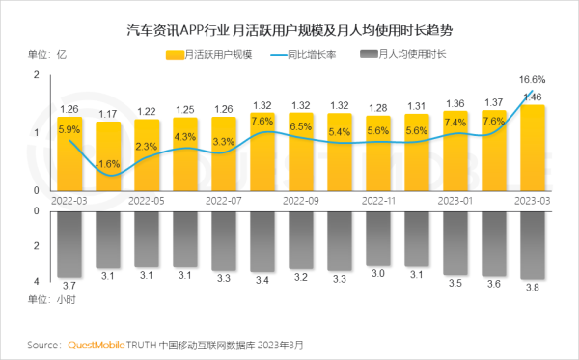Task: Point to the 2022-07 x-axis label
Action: tap(224, 200)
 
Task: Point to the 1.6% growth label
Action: tap(109, 164)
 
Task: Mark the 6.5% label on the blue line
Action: tap(301, 126)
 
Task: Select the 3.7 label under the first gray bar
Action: tap(69, 287)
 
